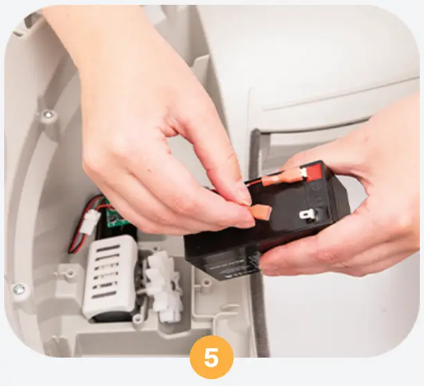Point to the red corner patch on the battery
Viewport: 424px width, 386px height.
tap(314, 169)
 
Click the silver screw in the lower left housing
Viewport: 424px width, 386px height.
tap(19, 288)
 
